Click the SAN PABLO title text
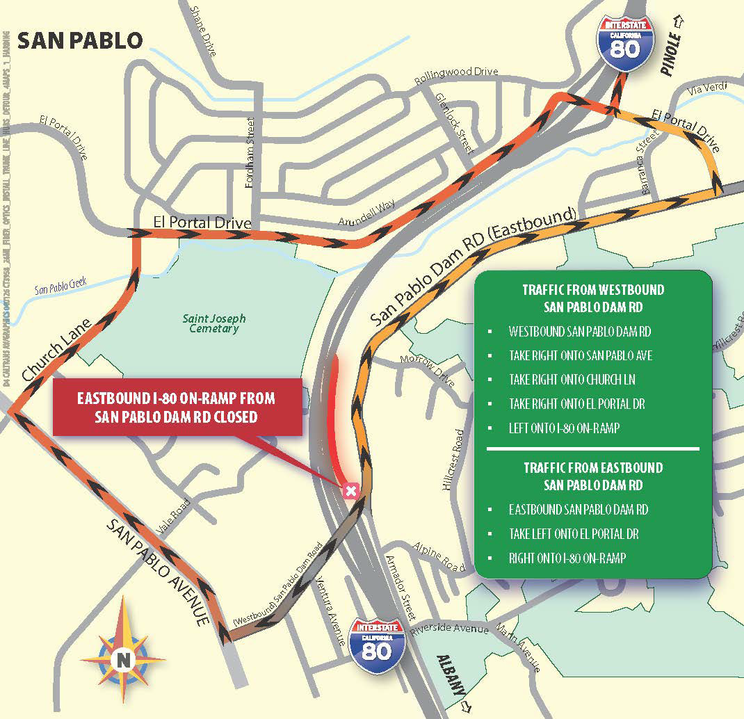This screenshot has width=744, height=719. click(x=79, y=40)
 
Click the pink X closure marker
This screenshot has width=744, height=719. click(x=351, y=492)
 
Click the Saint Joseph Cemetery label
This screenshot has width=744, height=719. click(x=214, y=323)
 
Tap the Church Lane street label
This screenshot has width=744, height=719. click(x=57, y=350)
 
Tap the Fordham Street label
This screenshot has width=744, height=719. click(x=250, y=152)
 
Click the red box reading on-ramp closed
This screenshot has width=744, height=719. click(x=177, y=407)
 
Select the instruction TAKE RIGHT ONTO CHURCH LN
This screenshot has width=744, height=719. click(x=572, y=380)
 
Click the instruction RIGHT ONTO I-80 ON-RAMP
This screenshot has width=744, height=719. click(x=567, y=558)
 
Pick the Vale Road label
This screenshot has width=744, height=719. click(x=174, y=515)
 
